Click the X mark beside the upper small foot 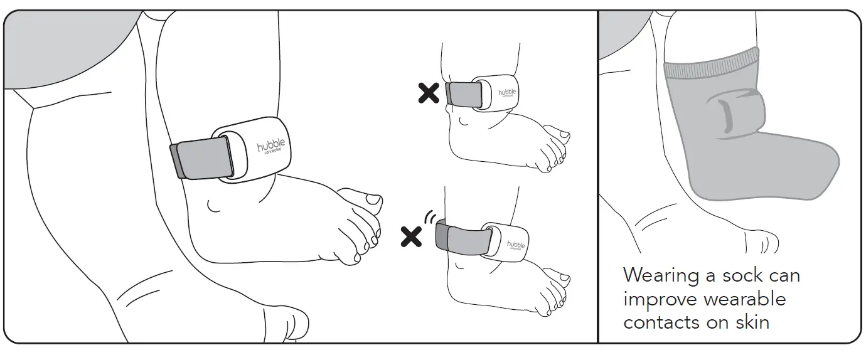(429, 93)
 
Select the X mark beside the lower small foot (412, 236)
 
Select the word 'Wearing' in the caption (661, 275)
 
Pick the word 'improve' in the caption (659, 299)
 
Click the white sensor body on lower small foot (509, 241)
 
